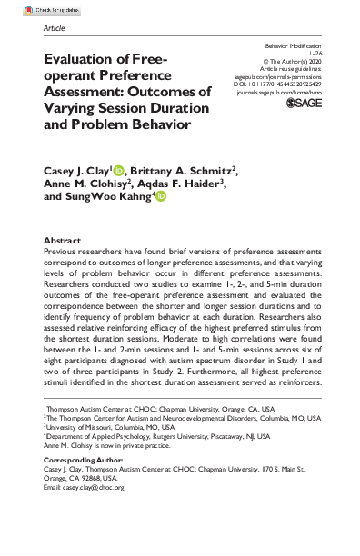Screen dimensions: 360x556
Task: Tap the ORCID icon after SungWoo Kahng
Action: [x=160, y=195]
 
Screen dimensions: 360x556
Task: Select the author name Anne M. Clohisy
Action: [x=86, y=183]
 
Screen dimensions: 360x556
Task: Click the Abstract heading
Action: [x=62, y=241]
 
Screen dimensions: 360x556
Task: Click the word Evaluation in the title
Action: [x=85, y=59]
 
